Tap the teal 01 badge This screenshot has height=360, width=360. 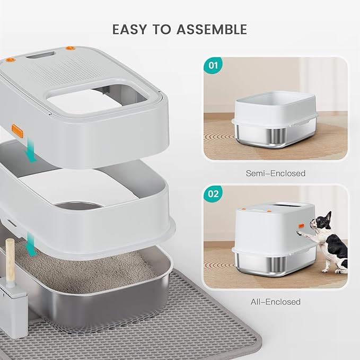point(214,67)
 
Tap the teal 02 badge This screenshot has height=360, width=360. point(214,194)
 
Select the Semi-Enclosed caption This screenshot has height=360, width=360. point(275,173)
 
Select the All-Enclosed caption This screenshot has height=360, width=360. point(275,302)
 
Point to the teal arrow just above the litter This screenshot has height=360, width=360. point(31,245)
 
